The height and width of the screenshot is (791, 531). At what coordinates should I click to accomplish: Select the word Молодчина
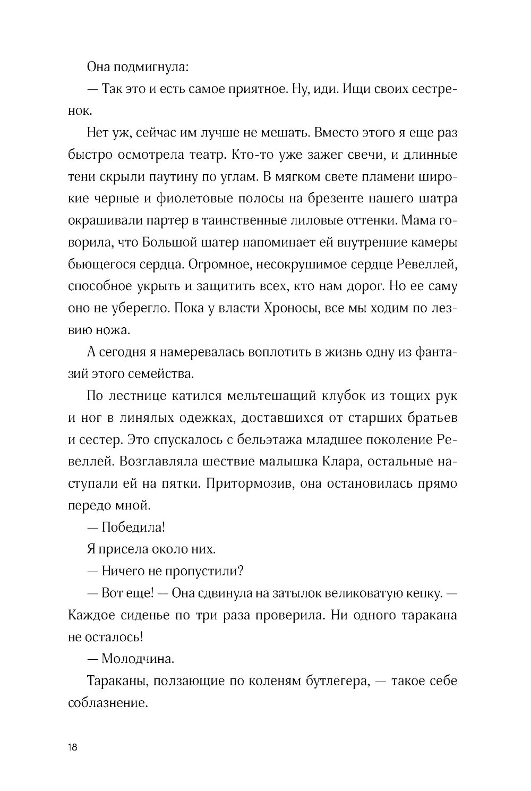click(x=137, y=659)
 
